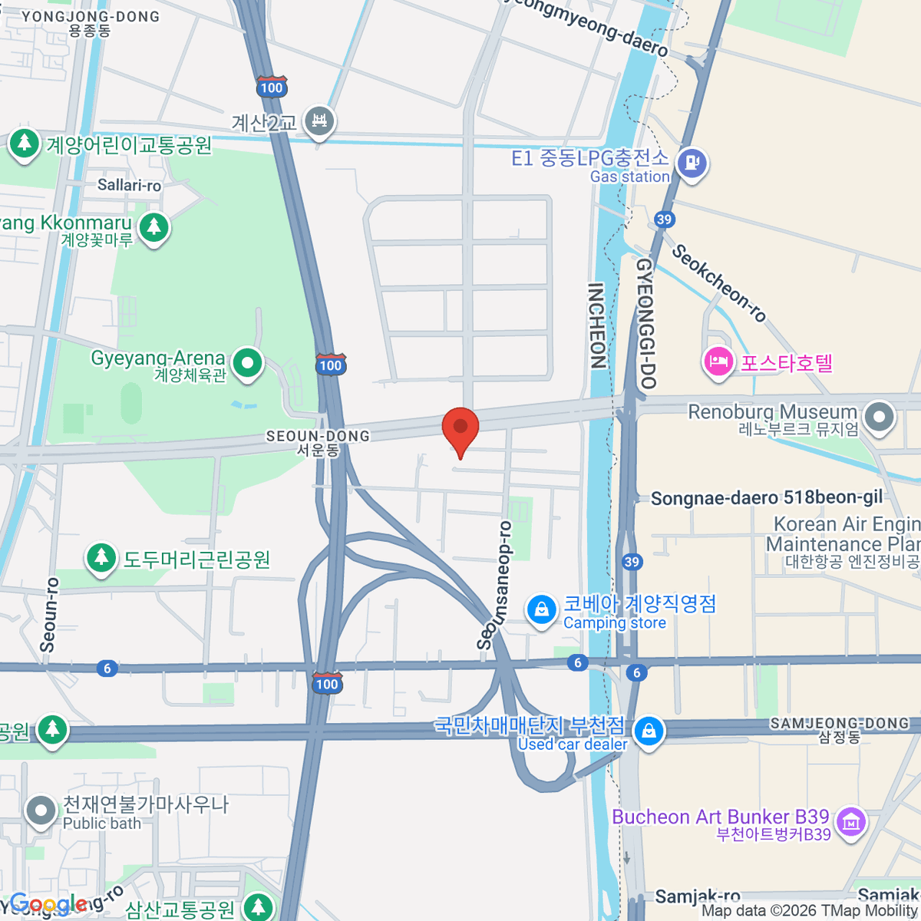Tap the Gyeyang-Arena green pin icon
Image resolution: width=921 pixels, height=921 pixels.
coord(247,364)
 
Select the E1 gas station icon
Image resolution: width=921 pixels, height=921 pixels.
coord(692,163)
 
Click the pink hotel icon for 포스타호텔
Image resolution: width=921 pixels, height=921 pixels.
coord(718,361)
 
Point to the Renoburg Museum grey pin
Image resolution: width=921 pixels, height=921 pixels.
coord(880,418)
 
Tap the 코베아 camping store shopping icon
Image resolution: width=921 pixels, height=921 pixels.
coord(541,610)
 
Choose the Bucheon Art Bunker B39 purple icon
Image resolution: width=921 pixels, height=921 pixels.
coord(850,823)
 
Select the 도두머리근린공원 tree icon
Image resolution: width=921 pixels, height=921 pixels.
coord(101,558)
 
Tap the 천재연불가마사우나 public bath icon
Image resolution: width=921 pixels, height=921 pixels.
coord(41,810)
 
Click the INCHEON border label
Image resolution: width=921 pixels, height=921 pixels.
coord(596,325)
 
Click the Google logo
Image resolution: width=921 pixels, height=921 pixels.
coord(48,904)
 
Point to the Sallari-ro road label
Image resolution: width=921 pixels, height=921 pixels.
coord(129,185)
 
